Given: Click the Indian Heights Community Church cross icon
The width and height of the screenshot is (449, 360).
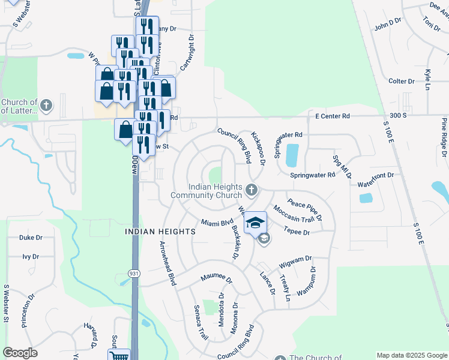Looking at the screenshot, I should (252, 190).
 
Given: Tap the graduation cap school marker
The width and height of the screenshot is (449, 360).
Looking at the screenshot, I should (255, 223).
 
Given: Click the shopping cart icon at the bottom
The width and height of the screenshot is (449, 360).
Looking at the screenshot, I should (121, 356).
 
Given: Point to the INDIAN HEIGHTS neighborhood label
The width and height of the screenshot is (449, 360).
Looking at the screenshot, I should (160, 231).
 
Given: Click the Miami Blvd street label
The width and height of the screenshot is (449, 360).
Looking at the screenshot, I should (217, 223).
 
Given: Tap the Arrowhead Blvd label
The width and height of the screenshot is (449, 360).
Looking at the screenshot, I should (167, 263).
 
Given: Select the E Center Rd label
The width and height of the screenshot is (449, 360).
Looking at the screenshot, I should (328, 116).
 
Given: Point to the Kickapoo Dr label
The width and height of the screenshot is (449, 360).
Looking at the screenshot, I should (259, 148).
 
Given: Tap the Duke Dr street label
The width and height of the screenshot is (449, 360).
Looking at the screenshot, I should (31, 238).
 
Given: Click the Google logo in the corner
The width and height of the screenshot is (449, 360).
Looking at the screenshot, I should (20, 353).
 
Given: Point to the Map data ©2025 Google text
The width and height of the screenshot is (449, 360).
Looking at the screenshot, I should (412, 355).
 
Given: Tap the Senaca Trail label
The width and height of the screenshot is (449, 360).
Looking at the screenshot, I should (200, 323).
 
